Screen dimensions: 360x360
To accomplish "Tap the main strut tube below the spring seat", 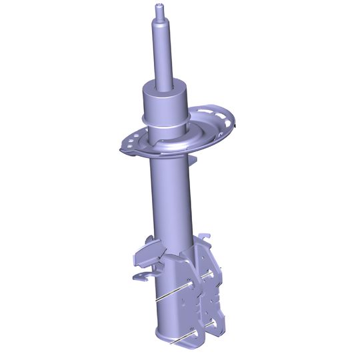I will (x=172, y=200).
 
